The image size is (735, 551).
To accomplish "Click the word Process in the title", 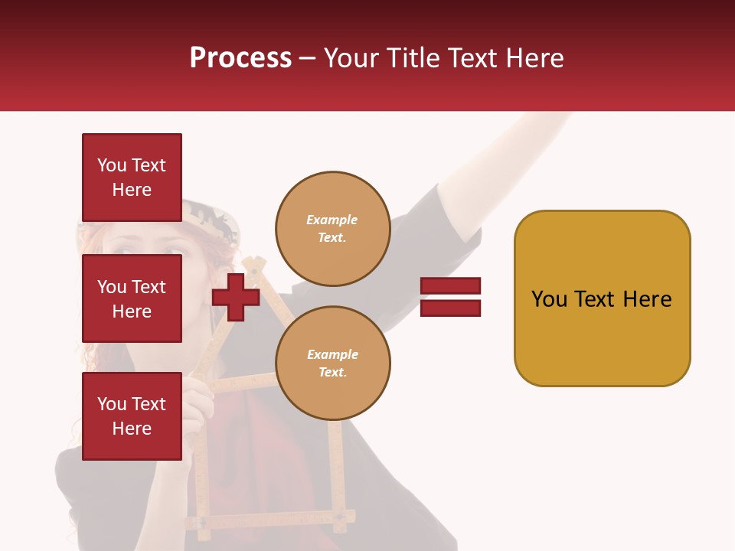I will pyautogui.click(x=240, y=58).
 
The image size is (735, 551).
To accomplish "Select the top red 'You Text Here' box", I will pyautogui.click(x=132, y=178).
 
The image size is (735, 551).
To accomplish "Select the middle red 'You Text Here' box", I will pyautogui.click(x=132, y=298).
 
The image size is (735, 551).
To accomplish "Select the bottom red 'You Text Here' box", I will pyautogui.click(x=132, y=416).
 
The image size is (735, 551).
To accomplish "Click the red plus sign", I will pyautogui.click(x=236, y=298).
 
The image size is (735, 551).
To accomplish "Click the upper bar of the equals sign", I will pyautogui.click(x=450, y=285).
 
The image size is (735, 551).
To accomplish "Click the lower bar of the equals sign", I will pyautogui.click(x=450, y=308).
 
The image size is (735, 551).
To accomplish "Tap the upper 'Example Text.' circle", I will pyautogui.click(x=332, y=229).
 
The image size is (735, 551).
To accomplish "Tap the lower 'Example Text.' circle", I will pyautogui.click(x=332, y=364).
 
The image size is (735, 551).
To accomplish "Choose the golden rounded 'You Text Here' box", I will pyautogui.click(x=602, y=298).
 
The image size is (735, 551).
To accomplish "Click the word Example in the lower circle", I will pyautogui.click(x=332, y=354).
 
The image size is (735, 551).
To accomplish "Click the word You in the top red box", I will pyautogui.click(x=111, y=165).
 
